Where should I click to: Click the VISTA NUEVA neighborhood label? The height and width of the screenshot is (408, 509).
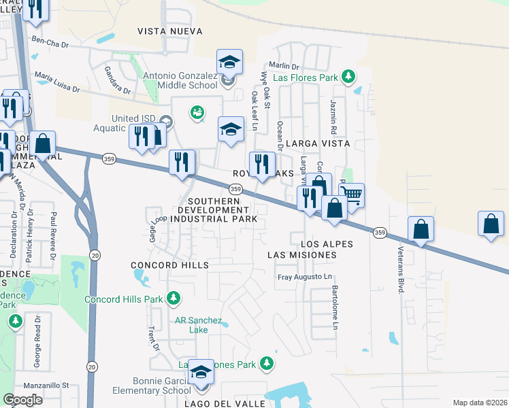169,31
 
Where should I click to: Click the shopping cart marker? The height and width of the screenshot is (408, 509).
351,194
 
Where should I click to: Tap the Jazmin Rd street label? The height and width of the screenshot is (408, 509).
334,116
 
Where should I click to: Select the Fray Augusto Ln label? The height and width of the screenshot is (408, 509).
305,277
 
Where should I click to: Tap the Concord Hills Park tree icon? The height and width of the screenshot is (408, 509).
174,298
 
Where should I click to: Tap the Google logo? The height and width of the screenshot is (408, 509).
22,399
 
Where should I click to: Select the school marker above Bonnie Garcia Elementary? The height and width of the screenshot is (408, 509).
201,372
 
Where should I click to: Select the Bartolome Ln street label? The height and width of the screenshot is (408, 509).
335,307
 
